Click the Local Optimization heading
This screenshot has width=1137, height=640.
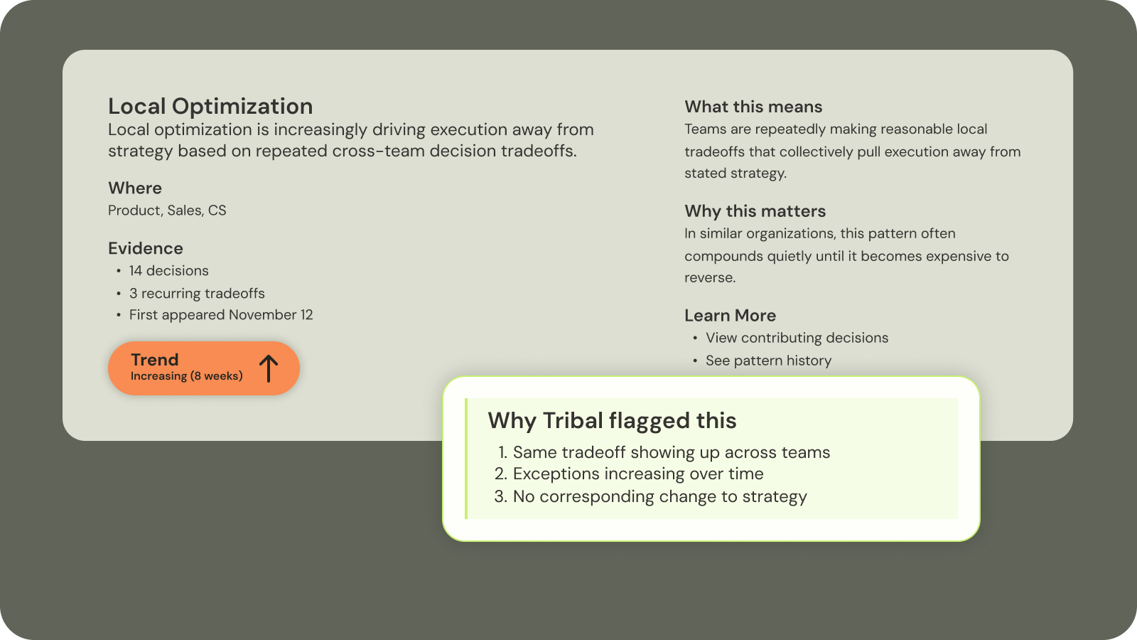[210, 107]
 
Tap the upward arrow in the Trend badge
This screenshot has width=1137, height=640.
[269, 368]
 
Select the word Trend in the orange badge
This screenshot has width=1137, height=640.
[155, 360]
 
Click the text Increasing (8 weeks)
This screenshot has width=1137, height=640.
[186, 376]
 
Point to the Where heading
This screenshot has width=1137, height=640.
[135, 188]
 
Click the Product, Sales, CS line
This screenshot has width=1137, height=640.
[167, 210]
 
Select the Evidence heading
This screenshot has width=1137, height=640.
[146, 249]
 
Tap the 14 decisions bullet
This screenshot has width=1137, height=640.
[168, 271]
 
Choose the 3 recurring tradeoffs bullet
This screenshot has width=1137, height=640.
[197, 294]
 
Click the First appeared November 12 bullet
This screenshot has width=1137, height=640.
[221, 315]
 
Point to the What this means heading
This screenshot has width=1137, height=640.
[753, 107]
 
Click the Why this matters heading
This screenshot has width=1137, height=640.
[755, 212]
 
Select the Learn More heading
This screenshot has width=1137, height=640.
[730, 316]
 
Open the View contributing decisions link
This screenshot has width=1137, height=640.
[797, 338]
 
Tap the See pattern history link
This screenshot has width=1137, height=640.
[768, 361]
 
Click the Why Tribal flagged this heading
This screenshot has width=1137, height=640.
[612, 421]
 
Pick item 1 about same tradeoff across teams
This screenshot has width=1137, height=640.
[671, 452]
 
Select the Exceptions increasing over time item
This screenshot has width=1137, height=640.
[637, 474]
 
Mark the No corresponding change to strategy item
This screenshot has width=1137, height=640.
[659, 496]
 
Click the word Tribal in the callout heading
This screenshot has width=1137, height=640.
[573, 421]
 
